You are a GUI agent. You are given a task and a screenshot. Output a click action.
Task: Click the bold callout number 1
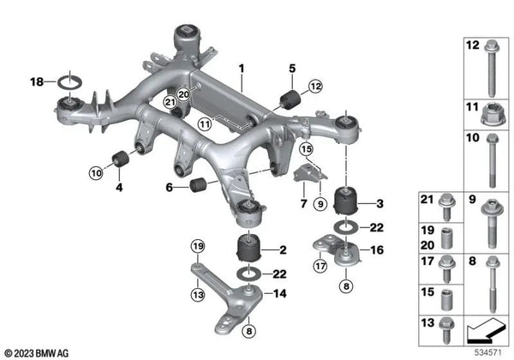point(242,67)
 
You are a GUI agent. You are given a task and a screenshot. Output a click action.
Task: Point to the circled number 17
point(320,266)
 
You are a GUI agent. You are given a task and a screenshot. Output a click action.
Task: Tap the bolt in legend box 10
point(493,161)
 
